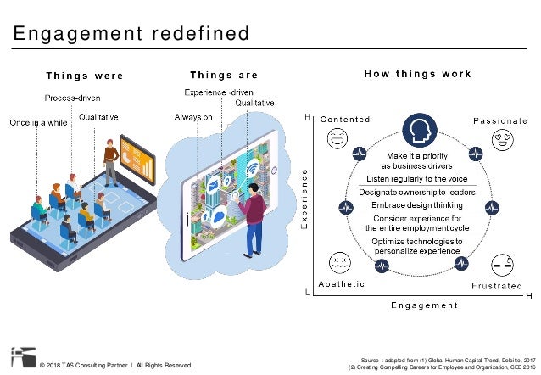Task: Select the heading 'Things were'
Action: pyautogui.click(x=85, y=75)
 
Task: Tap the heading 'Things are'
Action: pyautogui.click(x=224, y=75)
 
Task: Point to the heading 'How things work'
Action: pyautogui.click(x=418, y=74)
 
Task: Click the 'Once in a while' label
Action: pyautogui.click(x=37, y=123)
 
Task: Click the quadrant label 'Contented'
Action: pyautogui.click(x=346, y=120)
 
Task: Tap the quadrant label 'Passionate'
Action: pyautogui.click(x=499, y=121)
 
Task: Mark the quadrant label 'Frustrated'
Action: pyautogui.click(x=497, y=286)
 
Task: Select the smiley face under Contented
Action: pyautogui.click(x=338, y=137)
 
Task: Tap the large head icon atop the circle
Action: pyautogui.click(x=418, y=131)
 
